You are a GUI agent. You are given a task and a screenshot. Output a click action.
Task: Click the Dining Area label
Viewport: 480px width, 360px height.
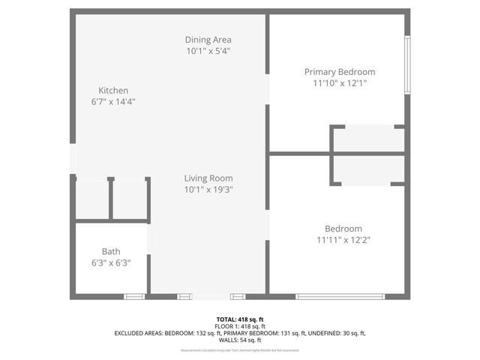click(208, 40)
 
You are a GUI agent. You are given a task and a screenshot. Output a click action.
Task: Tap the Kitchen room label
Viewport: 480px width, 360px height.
click(113, 90)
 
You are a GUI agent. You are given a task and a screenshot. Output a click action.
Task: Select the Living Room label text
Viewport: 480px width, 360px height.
click(208, 178)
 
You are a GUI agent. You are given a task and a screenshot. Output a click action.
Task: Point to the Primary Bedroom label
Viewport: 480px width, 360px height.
click(339, 72)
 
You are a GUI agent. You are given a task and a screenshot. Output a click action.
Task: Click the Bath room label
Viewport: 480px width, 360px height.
click(111, 252)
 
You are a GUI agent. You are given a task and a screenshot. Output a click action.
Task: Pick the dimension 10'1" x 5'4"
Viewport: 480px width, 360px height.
click(208, 51)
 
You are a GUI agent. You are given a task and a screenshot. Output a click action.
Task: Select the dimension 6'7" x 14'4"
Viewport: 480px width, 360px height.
click(113, 101)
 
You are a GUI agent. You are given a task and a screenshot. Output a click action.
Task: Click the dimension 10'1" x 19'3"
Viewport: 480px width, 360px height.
click(208, 190)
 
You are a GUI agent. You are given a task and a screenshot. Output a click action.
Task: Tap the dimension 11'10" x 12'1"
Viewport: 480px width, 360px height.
click(339, 83)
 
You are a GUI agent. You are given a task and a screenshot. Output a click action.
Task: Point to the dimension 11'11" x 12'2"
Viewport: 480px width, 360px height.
click(343, 240)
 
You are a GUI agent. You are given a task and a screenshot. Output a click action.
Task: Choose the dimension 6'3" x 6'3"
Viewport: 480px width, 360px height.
click(111, 263)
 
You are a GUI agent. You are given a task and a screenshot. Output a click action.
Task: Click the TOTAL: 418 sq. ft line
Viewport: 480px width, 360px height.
click(239, 319)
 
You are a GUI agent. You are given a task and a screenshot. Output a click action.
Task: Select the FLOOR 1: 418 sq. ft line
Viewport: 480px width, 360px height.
click(239, 326)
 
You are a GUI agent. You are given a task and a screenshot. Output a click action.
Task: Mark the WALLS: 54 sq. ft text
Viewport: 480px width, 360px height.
click(239, 340)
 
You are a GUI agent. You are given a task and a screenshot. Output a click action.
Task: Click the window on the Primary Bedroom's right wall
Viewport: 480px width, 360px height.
click(407, 64)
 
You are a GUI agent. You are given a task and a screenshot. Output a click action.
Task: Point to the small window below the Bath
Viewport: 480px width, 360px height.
click(134, 297)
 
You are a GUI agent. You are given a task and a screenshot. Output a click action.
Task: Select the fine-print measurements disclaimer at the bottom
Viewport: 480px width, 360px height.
click(239, 350)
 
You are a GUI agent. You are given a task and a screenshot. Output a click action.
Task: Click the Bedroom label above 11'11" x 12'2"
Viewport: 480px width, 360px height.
click(343, 229)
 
